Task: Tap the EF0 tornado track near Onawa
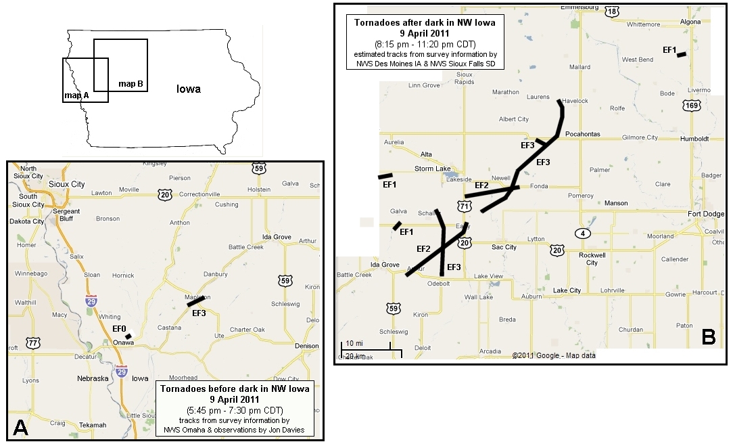click(128, 336)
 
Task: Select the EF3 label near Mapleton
click(199, 313)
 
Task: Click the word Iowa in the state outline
click(189, 89)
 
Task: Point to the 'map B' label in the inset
click(131, 84)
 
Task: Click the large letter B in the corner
click(709, 336)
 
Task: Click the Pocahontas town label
click(582, 134)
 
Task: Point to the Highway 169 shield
click(691, 106)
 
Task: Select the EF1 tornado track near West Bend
click(681, 54)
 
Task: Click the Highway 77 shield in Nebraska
click(32, 344)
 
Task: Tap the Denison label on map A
click(306, 346)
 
